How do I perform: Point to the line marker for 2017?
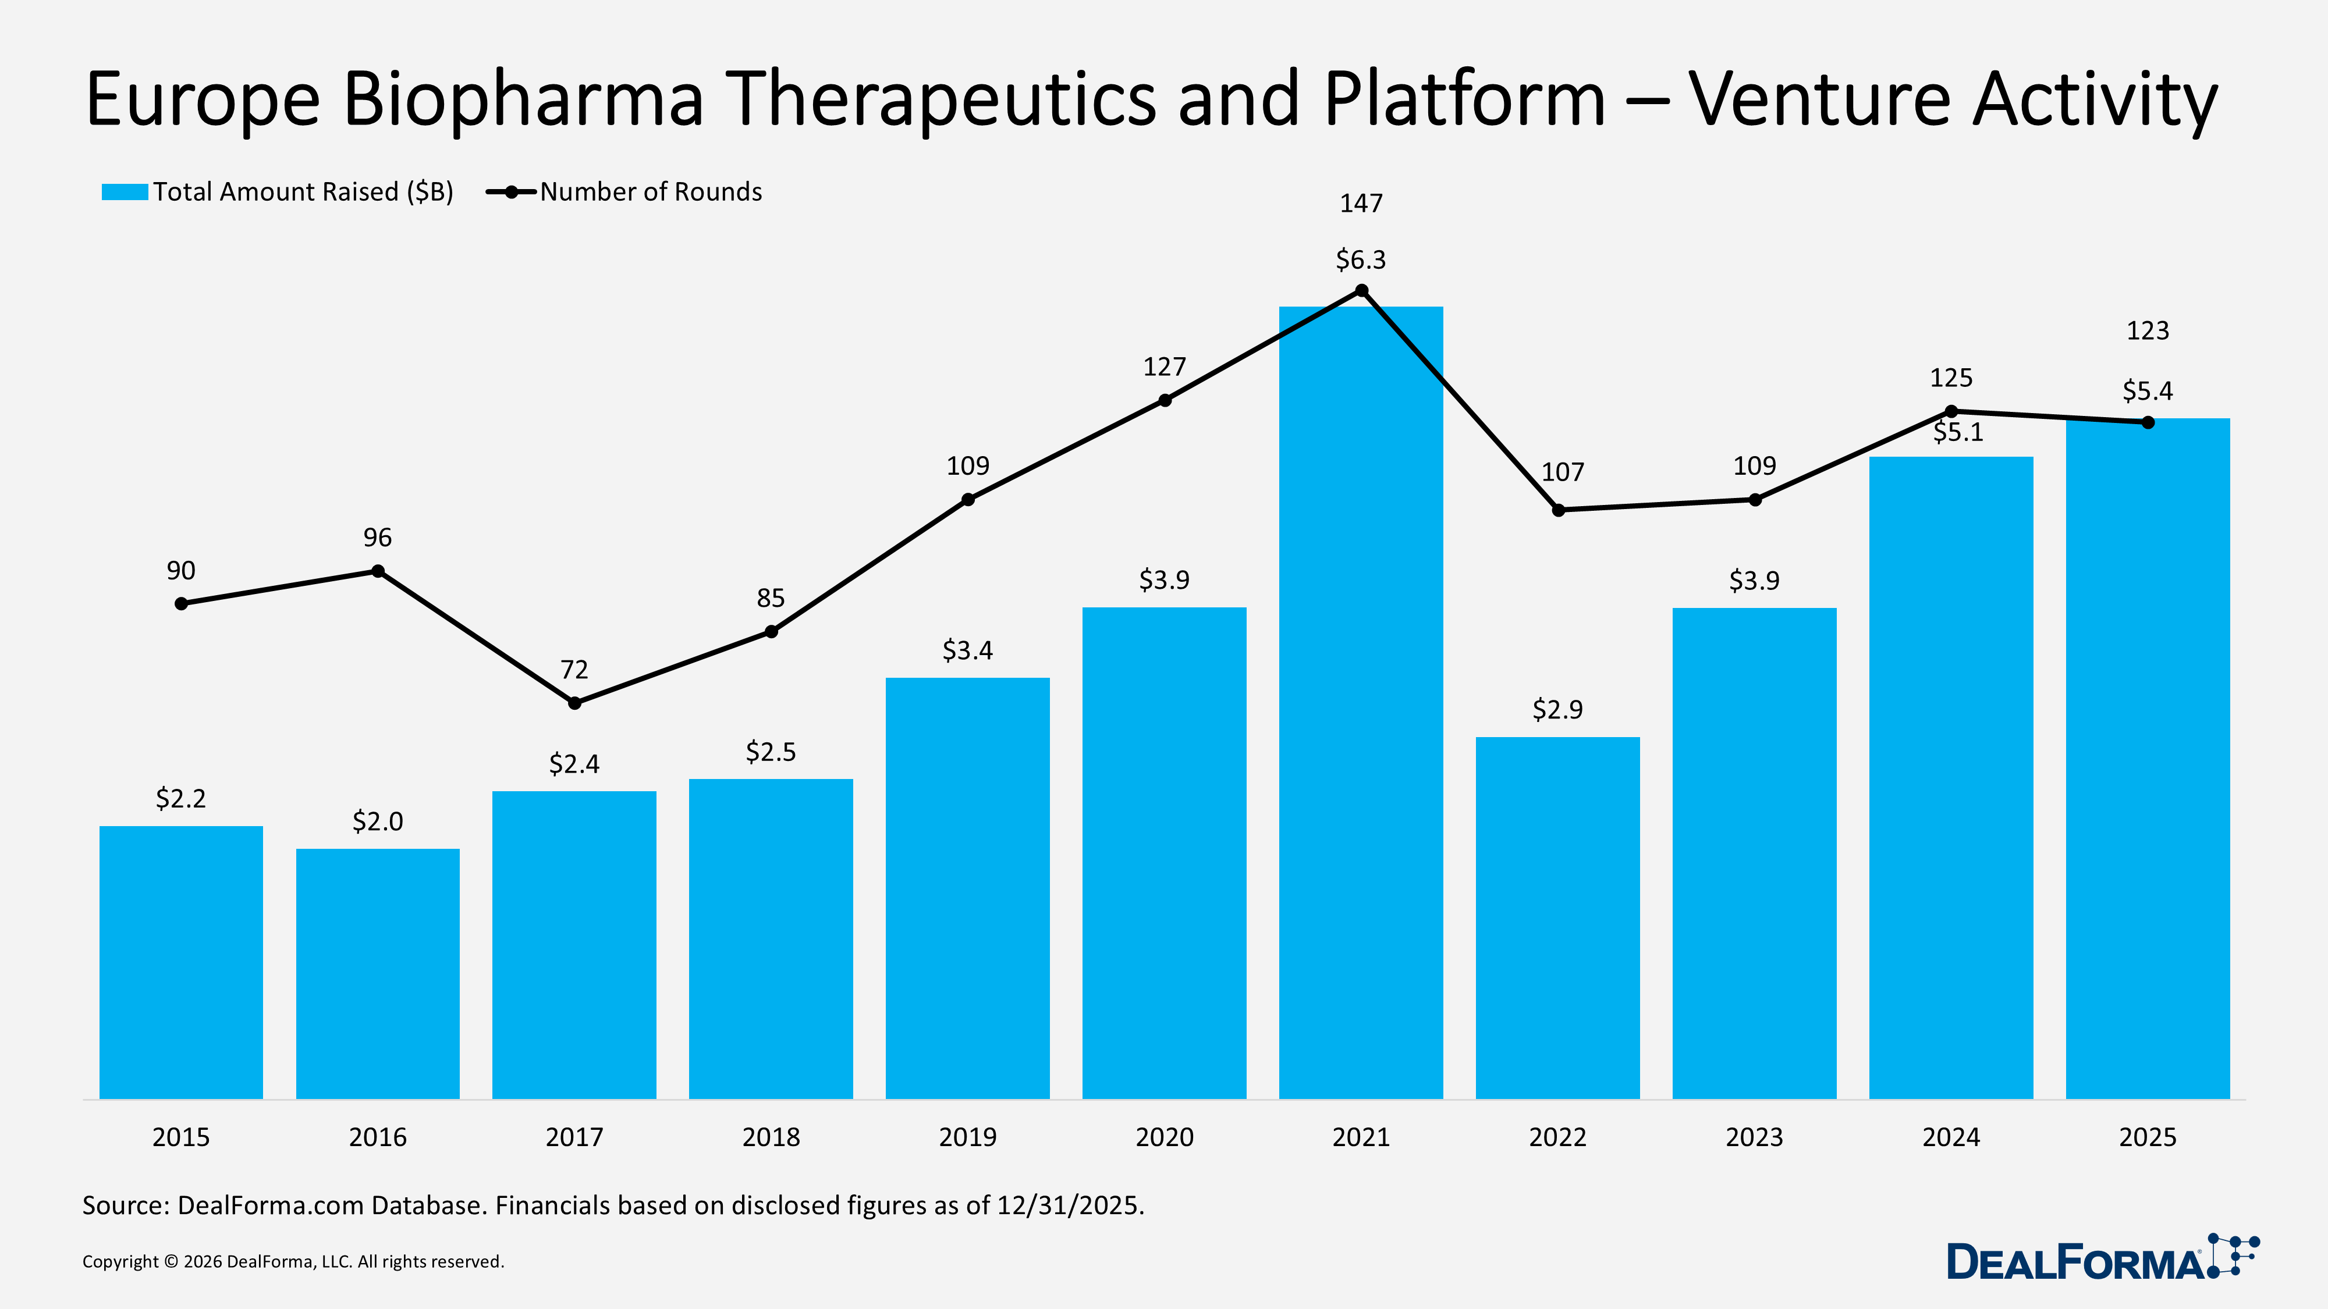coord(575,703)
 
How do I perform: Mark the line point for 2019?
coord(968,500)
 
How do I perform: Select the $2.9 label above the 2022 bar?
coord(1557,709)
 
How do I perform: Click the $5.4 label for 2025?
coord(2147,391)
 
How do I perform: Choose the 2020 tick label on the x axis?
coord(1164,1137)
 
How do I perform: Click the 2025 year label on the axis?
coord(2147,1137)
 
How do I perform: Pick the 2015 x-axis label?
coord(181,1137)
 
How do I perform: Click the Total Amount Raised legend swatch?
coord(124,191)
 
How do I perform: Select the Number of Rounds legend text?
coord(651,191)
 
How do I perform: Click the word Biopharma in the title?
coord(523,99)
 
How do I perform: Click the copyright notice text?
coord(293,1262)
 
